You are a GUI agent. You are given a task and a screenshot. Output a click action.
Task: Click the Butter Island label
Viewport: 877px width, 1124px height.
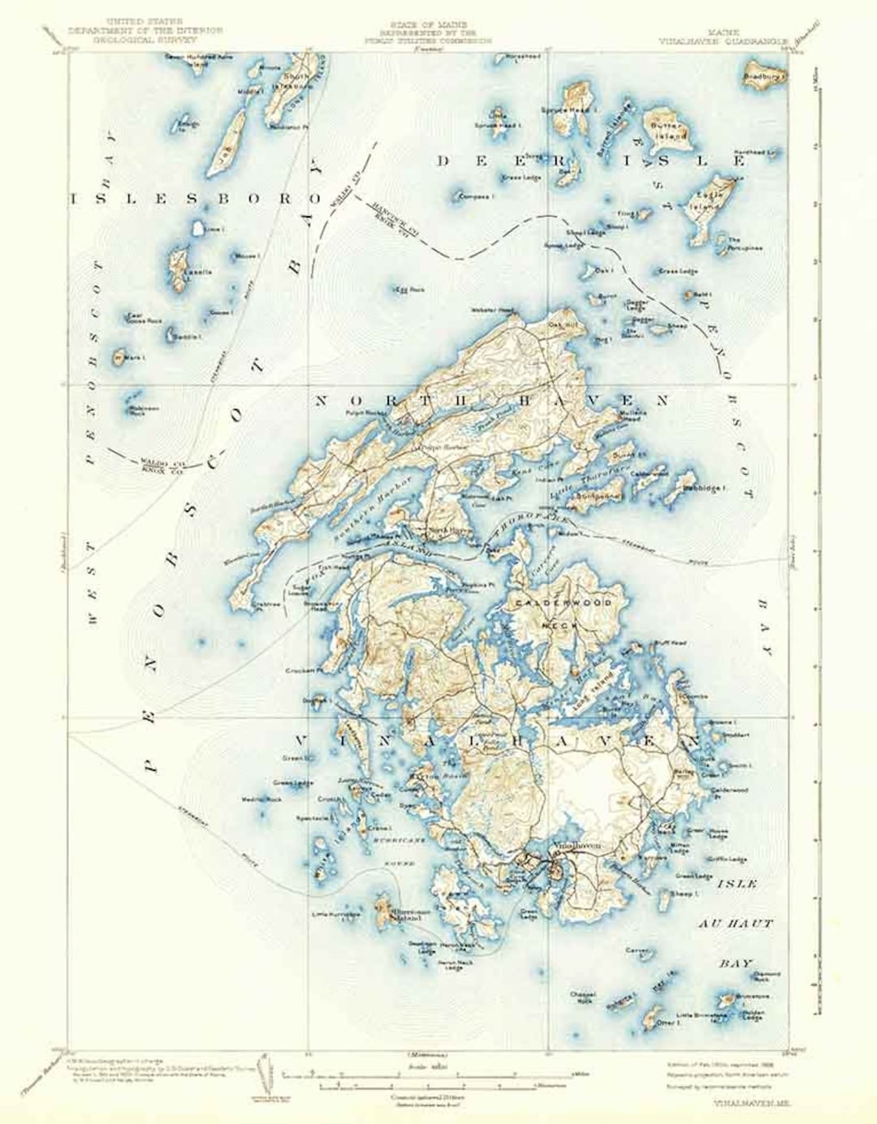tap(667, 132)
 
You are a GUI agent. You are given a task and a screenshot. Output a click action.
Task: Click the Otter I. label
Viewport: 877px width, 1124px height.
tap(667, 1023)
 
